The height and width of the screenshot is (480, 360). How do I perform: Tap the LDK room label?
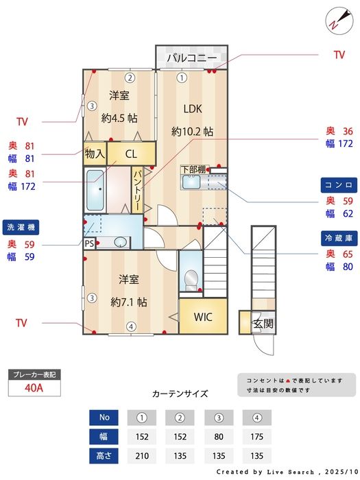(x=192, y=108)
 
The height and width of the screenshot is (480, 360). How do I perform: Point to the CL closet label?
(x=131, y=154)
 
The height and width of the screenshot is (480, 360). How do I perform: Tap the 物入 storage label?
(x=95, y=154)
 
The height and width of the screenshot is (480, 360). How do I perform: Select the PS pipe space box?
(x=89, y=243)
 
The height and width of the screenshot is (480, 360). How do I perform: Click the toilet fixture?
(x=191, y=278)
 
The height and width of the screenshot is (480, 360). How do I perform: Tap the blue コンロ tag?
(x=339, y=185)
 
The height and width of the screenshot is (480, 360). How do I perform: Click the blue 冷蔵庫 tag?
(x=339, y=237)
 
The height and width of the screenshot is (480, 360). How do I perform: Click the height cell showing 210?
(x=143, y=456)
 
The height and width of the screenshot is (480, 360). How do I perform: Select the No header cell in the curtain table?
(x=104, y=417)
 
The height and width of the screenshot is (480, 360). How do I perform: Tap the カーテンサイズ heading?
(x=180, y=394)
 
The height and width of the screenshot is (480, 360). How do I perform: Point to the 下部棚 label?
(x=193, y=169)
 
